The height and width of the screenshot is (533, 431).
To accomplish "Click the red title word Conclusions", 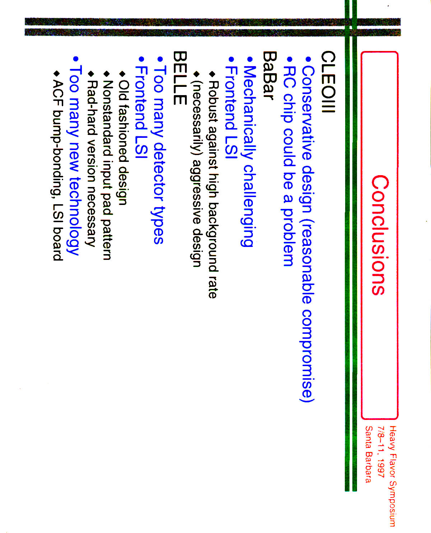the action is pos(380,235).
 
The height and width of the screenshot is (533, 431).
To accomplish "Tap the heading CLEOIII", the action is pos(328,82).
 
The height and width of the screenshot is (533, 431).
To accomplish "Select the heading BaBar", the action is pos(270,76).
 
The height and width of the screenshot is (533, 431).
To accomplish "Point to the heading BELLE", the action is pos(180,78).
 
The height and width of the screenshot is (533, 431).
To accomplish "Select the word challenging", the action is pos(248,205).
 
